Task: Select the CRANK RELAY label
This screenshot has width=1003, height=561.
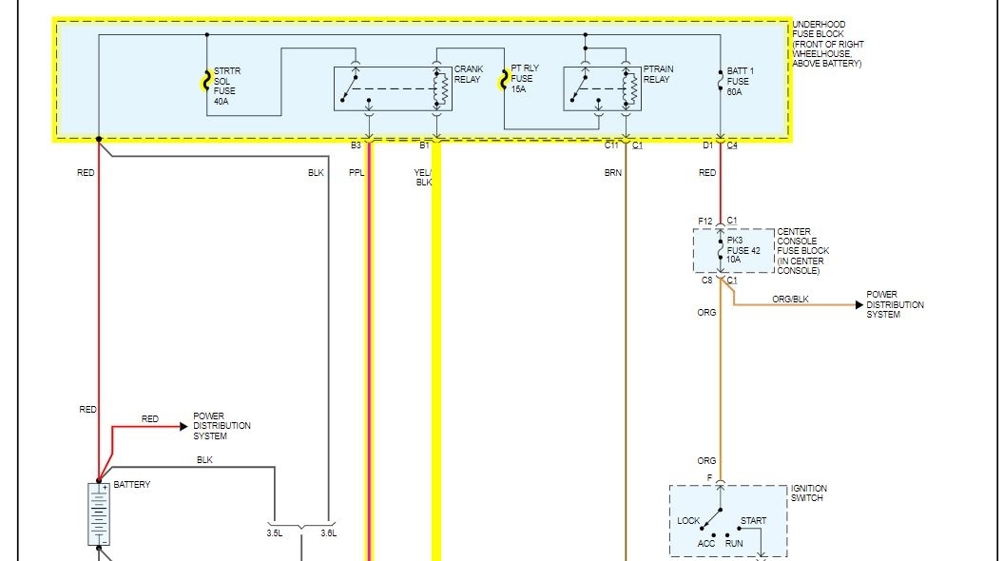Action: click(468, 74)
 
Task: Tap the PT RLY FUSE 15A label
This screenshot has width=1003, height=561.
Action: click(524, 78)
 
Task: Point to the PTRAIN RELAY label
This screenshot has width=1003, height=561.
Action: click(657, 74)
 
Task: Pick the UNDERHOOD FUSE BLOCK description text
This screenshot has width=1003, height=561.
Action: click(826, 44)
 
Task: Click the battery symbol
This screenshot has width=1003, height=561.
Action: click(98, 514)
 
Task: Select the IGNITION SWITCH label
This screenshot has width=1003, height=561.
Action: click(807, 493)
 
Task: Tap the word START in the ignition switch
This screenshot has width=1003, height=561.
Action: click(753, 521)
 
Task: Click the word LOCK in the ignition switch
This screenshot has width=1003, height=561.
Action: click(688, 521)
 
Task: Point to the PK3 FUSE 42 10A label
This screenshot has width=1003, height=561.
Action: click(744, 250)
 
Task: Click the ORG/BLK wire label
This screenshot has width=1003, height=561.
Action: click(789, 299)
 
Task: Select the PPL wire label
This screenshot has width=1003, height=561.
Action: click(357, 173)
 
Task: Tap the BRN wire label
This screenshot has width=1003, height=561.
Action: click(612, 173)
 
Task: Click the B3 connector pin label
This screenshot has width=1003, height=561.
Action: click(356, 145)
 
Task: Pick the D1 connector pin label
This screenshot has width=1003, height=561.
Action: click(707, 145)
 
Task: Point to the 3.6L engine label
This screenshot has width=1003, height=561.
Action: click(329, 533)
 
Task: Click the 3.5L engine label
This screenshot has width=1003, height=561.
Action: click(275, 533)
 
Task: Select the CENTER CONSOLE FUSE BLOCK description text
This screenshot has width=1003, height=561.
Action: click(802, 251)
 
